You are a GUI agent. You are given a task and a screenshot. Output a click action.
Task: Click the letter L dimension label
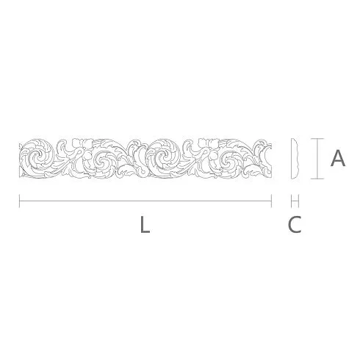coord(145,224)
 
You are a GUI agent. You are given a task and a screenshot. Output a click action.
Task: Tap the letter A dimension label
coord(338,158)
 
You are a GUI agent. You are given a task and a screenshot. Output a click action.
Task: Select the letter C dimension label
coord(295,224)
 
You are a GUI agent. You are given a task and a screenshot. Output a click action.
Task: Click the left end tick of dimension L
coord(19,201)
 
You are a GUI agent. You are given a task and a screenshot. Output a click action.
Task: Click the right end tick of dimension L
coord(271,201)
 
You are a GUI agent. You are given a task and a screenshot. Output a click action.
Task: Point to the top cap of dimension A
coord(317,139)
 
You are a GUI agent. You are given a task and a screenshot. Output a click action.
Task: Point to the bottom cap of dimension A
coord(317,179)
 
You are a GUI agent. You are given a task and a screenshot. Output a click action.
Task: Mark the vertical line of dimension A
coord(317,159)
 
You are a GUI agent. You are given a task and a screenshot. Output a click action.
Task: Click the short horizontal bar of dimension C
coord(295,201)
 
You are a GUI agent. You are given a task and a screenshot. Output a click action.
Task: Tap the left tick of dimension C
coord(291,201)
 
